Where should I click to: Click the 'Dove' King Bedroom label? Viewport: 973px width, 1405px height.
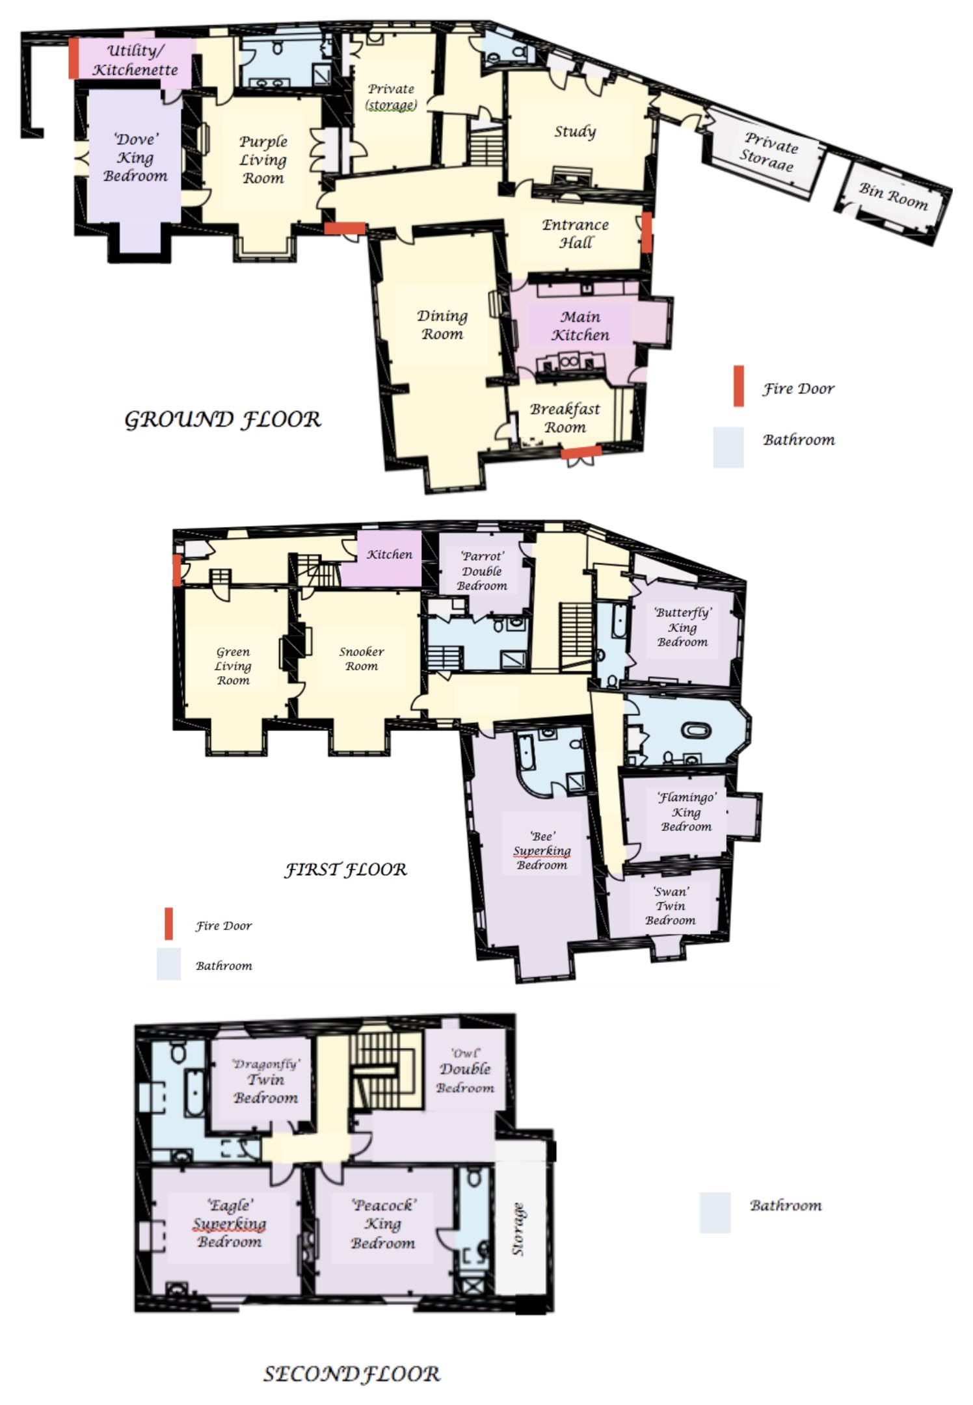[135, 157]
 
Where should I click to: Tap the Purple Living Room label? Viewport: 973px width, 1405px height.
[263, 159]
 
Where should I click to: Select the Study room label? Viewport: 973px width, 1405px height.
[575, 131]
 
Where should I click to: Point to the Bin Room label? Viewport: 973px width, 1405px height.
[893, 196]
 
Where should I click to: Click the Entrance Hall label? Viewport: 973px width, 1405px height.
[576, 233]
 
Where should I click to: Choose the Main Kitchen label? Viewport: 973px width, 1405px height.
[580, 326]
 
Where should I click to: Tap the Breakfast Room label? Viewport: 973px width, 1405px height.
[565, 417]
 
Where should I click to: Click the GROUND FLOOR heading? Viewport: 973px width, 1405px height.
[222, 419]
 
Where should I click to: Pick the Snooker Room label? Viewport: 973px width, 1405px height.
[362, 658]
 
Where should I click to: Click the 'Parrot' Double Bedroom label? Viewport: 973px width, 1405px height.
[481, 571]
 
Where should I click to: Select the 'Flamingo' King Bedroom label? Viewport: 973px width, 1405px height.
[686, 811]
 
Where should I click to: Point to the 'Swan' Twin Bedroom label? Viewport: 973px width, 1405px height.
[671, 906]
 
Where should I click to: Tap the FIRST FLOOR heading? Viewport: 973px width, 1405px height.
[345, 869]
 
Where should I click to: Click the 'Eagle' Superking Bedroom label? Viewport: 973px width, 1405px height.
[230, 1223]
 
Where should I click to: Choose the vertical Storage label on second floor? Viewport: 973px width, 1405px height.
[518, 1229]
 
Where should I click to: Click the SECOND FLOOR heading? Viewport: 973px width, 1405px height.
[352, 1373]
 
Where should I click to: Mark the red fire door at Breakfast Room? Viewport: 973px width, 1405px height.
[581, 452]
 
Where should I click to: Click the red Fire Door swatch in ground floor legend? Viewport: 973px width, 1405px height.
[738, 386]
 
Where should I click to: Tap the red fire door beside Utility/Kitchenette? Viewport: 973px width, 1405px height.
[74, 59]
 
